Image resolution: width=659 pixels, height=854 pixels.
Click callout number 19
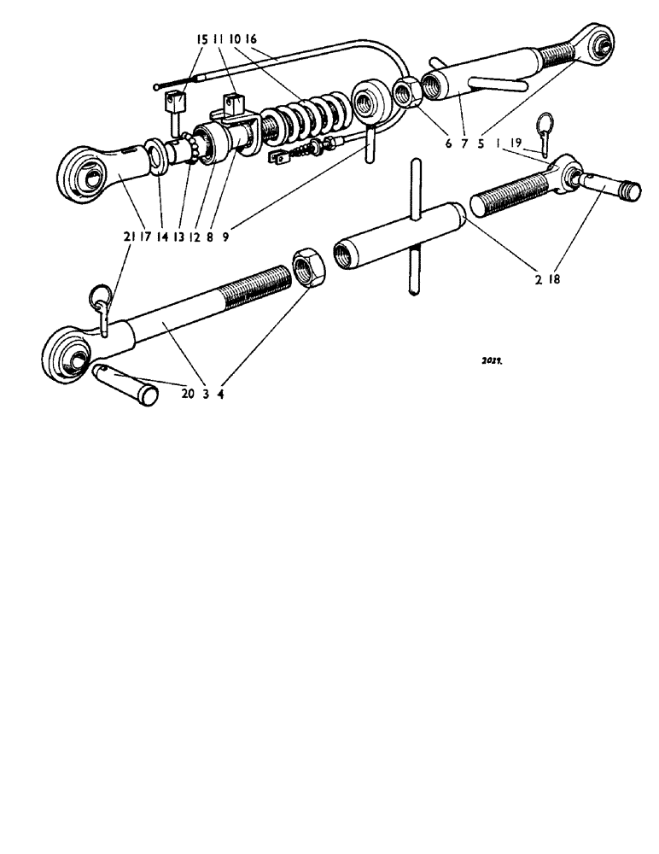[x=517, y=145]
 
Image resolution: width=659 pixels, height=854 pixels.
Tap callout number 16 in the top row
[x=250, y=39]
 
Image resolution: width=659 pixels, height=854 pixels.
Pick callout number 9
[x=225, y=239]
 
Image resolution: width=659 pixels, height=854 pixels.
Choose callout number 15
[x=201, y=39]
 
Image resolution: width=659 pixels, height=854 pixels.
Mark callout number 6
[x=448, y=145]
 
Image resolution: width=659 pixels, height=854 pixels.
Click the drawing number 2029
[x=491, y=361]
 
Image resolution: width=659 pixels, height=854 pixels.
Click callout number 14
[x=161, y=239]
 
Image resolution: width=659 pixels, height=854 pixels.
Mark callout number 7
[x=464, y=145]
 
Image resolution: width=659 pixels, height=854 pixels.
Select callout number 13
[x=178, y=239]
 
